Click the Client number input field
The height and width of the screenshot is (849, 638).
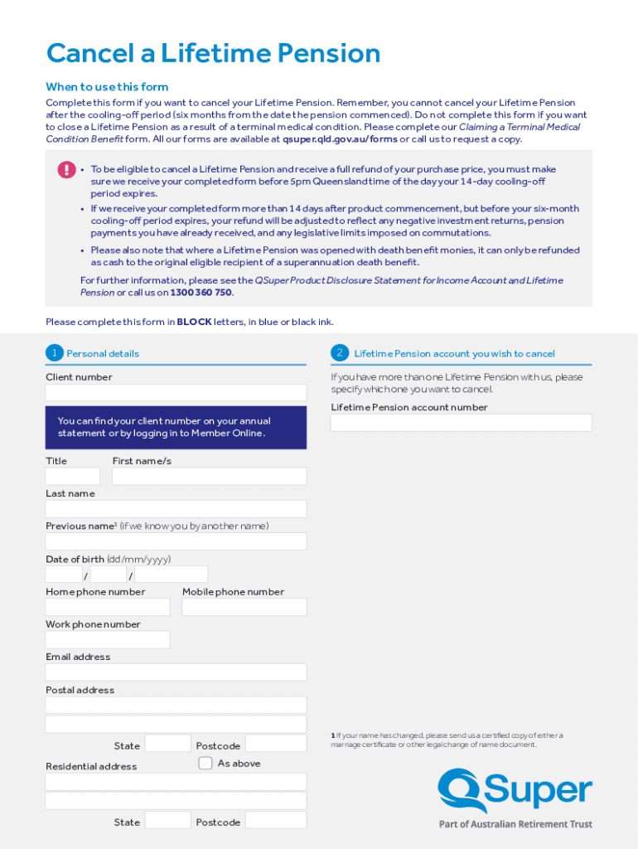point(176,393)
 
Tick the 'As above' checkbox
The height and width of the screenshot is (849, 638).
point(205,763)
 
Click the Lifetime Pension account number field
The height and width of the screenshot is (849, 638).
point(461,423)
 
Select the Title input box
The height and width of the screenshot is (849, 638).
point(73,476)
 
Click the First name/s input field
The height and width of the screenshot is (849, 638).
point(209,476)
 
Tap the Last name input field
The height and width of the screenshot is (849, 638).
point(176,509)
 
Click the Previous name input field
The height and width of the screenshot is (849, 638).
point(176,541)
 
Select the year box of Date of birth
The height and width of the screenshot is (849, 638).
point(171,575)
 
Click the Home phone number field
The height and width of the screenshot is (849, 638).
point(108,607)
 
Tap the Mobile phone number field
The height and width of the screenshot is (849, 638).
point(244,607)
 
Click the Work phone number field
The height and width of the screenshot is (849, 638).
point(108,639)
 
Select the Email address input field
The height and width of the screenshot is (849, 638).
point(176,672)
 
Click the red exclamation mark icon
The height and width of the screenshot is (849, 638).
point(66,170)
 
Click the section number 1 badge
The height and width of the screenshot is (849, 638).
point(54,353)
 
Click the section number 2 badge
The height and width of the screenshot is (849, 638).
point(340,353)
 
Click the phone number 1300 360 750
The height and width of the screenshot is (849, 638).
point(201,293)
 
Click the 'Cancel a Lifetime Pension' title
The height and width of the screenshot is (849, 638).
point(213,54)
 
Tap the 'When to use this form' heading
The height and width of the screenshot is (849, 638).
point(107,87)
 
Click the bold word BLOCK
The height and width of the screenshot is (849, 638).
point(194,322)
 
